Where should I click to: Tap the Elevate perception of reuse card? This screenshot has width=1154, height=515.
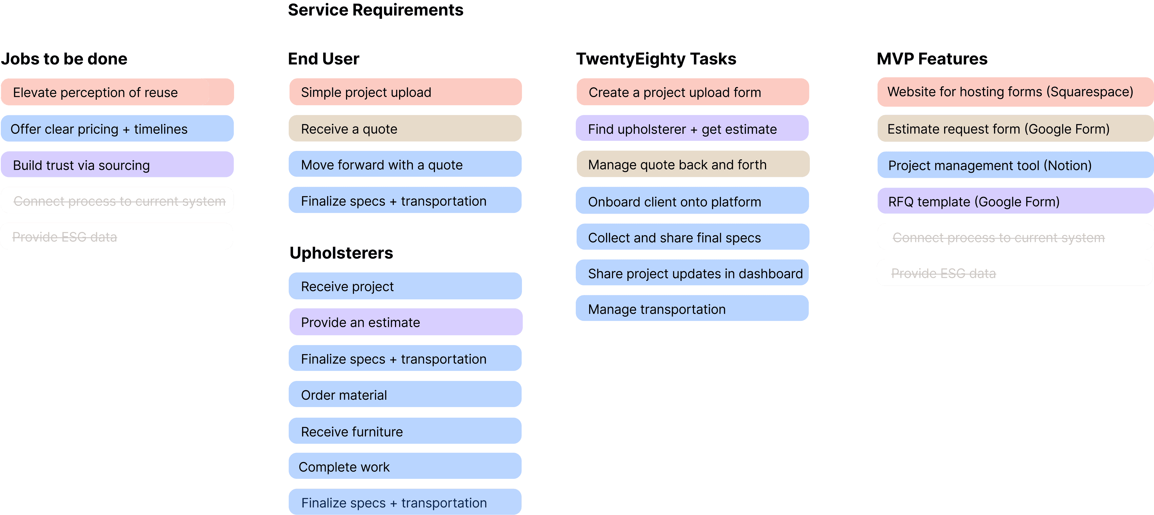(116, 92)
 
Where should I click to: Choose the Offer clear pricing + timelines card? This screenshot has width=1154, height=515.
(116, 129)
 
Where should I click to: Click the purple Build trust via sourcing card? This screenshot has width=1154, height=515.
(116, 165)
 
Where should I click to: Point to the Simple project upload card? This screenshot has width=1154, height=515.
(405, 92)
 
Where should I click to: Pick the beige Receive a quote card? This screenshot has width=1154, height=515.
(405, 129)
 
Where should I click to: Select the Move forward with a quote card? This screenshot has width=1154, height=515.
(405, 165)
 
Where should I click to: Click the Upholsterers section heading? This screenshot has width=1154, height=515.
(341, 253)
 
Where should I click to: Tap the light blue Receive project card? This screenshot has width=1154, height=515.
(405, 286)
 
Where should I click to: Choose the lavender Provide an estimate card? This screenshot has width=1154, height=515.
(405, 322)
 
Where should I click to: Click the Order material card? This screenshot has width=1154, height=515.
(405, 395)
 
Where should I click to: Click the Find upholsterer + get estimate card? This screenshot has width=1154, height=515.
(692, 129)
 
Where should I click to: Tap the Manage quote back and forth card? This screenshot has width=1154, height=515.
(692, 165)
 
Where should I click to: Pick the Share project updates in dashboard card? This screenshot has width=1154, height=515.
(692, 274)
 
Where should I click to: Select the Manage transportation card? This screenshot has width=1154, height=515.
(692, 309)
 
